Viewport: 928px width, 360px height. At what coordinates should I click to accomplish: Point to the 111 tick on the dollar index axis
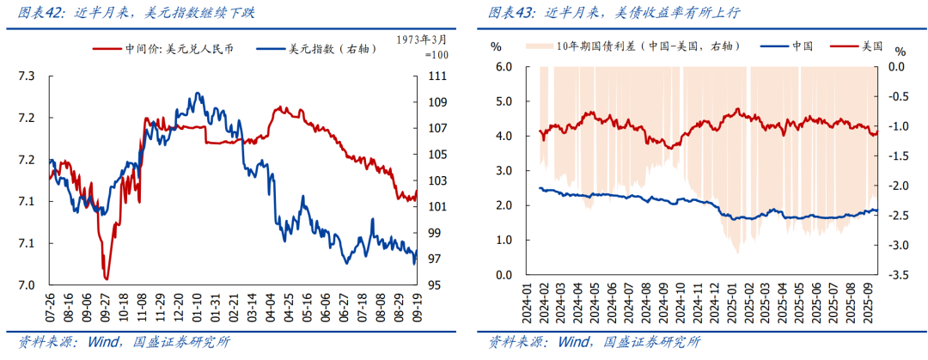point(437,76)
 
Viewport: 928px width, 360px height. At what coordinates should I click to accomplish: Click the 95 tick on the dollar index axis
point(437,285)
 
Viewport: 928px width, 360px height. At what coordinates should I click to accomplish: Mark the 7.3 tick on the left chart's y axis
point(27,76)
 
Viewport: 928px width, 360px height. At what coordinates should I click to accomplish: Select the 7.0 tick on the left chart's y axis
point(27,285)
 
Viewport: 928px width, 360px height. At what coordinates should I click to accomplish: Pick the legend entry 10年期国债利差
point(640,46)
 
